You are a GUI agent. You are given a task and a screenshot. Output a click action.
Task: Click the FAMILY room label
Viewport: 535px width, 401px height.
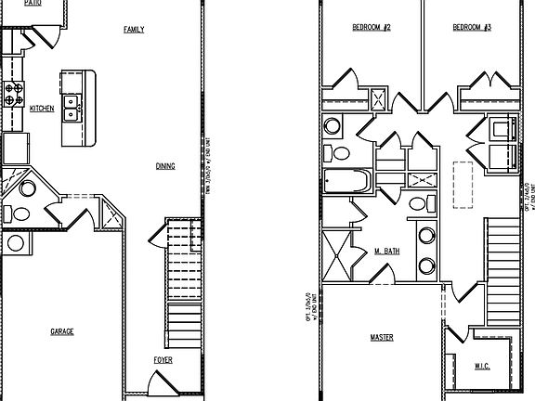coord(134,30)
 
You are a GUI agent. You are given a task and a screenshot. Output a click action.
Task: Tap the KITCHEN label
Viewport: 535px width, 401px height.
coord(42,109)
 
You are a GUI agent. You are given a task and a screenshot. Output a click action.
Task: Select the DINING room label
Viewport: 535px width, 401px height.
coord(165,166)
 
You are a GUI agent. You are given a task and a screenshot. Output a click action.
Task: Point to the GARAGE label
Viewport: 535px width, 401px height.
coord(61,331)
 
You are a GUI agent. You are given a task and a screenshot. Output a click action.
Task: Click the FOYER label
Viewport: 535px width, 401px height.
coord(163,360)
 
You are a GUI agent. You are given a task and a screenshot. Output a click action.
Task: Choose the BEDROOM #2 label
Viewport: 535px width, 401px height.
coord(371,28)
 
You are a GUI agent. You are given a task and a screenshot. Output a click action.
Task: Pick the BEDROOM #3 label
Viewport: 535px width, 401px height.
coord(472,28)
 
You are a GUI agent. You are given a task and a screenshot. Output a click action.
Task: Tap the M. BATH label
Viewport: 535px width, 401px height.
coord(387,252)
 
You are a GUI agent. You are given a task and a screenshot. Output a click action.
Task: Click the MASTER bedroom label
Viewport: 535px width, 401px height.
coord(382,336)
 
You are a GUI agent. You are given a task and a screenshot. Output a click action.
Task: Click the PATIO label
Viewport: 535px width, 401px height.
coord(33,4)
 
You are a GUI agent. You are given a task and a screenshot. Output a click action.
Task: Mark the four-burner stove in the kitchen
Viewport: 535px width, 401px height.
coord(15,94)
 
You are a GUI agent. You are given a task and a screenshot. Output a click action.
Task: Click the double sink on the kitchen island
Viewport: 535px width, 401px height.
coord(72,101)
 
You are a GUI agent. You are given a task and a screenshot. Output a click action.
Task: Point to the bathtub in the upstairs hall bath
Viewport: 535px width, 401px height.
coord(346,180)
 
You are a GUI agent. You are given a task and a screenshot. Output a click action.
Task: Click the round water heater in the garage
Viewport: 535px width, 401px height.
coord(16,243)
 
